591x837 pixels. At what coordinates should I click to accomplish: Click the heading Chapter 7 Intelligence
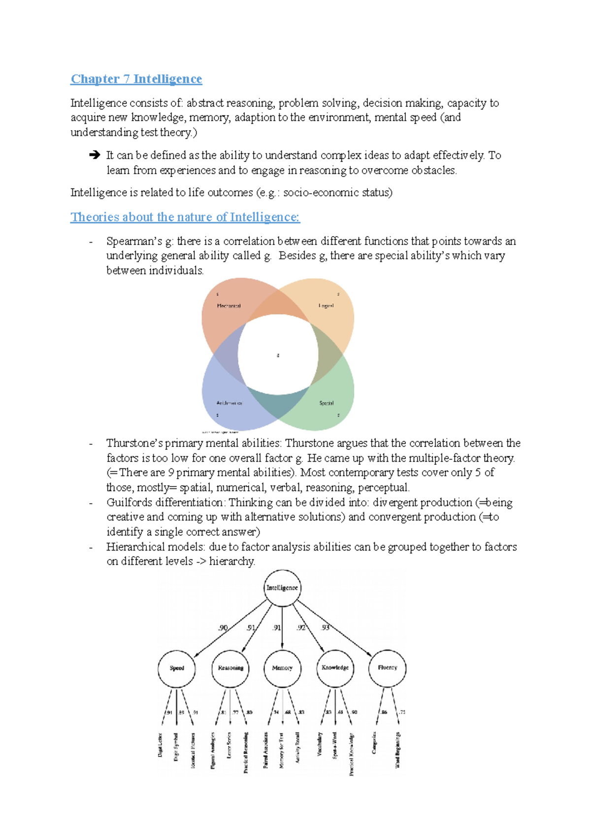point(136,79)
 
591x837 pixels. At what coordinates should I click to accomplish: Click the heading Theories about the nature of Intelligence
point(185,217)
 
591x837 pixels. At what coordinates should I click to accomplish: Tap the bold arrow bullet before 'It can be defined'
point(95,155)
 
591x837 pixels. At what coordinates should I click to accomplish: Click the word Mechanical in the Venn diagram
point(229,306)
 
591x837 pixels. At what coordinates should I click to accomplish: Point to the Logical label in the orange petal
point(326,306)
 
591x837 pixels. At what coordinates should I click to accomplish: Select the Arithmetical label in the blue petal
point(230,403)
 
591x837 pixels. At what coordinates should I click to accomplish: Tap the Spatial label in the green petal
point(326,403)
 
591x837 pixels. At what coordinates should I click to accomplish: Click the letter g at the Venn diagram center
point(278,355)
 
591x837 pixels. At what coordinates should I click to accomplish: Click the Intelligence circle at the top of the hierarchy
point(282,588)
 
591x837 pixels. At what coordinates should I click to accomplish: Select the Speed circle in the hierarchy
point(177,668)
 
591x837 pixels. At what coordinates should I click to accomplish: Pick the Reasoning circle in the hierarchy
point(230,668)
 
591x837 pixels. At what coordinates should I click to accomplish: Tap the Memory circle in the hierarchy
point(282,668)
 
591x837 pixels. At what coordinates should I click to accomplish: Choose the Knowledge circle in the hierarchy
point(335,668)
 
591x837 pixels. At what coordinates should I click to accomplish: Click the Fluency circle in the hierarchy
point(387,668)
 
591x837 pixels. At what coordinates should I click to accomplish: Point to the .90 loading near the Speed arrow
point(223,628)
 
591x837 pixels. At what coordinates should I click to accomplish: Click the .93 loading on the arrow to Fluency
point(326,628)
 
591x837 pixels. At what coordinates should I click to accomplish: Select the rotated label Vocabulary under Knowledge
point(320,744)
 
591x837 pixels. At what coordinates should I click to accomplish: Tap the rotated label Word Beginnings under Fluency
point(397,750)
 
